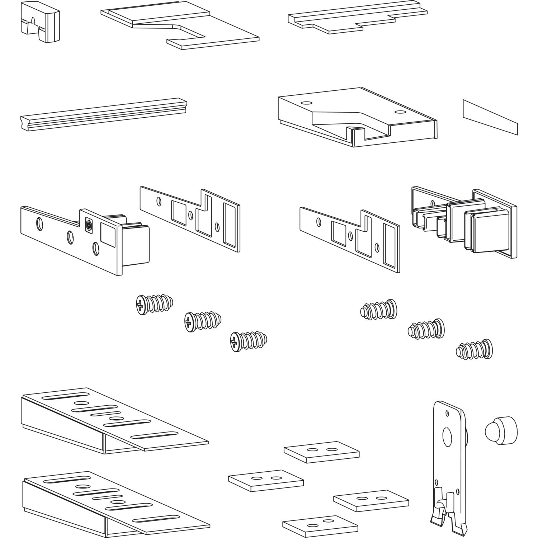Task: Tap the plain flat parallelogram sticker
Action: coord(490,117)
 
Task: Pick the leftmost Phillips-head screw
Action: coord(154,305)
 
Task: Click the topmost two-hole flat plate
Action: coord(321,452)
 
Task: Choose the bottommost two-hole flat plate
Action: coord(320,522)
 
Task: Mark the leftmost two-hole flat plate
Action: coord(266,480)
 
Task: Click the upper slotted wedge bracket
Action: coord(115,420)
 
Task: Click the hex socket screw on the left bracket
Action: coord(88,226)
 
